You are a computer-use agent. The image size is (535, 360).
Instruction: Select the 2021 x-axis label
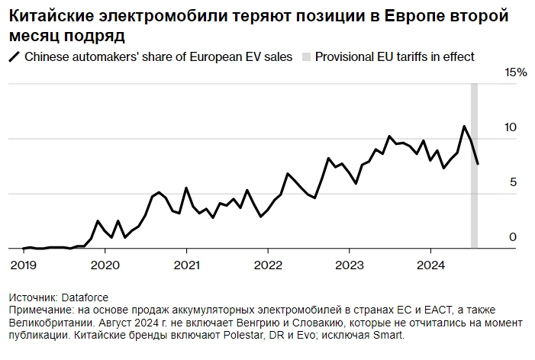[x=186, y=265]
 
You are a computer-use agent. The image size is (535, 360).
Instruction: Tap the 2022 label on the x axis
[x=268, y=265]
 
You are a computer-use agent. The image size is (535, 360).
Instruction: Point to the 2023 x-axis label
[x=349, y=265]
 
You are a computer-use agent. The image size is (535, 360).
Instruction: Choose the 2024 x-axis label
[x=430, y=265]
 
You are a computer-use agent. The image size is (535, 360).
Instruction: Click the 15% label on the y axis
[x=516, y=72]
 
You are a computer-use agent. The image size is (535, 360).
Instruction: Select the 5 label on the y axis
[x=513, y=182]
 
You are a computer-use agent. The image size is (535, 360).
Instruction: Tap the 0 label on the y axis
[x=513, y=237]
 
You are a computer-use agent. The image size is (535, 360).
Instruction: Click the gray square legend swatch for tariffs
[x=307, y=56]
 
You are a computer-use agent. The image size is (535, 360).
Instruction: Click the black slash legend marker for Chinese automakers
[x=14, y=56]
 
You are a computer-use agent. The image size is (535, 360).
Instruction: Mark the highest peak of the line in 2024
[x=464, y=127]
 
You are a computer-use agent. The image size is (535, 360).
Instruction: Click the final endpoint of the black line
[x=478, y=163]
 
